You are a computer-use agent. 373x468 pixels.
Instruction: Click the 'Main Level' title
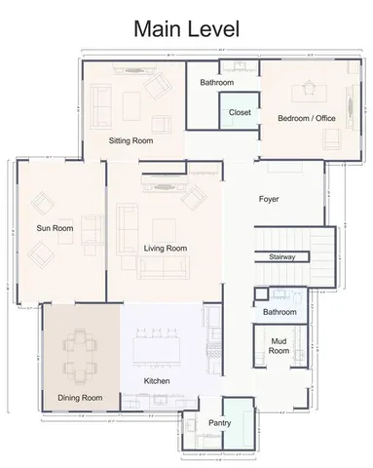coord(185,30)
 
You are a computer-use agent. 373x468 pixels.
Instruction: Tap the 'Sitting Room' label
coord(131,141)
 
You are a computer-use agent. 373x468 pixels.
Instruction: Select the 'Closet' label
coord(240,113)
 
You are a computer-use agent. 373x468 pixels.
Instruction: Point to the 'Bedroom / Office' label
coord(307,117)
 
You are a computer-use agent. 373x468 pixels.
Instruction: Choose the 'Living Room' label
coord(165,249)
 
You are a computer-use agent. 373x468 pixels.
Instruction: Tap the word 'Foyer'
coord(269,199)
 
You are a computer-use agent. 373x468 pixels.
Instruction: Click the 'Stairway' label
coord(282,256)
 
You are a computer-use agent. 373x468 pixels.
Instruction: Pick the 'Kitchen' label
coord(158,380)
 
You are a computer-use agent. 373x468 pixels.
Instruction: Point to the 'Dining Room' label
coord(80,397)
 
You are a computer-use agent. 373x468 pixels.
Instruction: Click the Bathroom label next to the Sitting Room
coord(217,83)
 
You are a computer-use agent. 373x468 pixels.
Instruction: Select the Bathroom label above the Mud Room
coord(280,311)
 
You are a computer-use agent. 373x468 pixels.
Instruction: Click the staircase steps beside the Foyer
coord(292,235)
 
